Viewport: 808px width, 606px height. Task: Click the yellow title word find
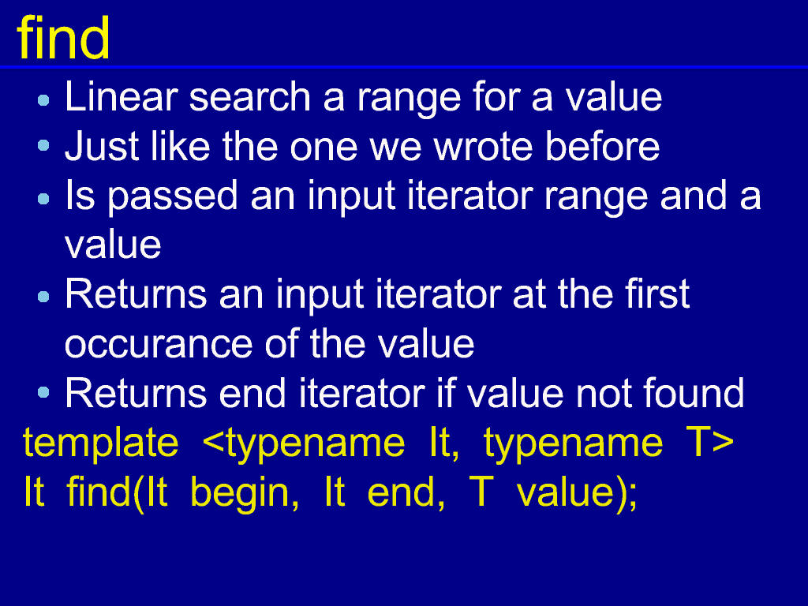click(63, 38)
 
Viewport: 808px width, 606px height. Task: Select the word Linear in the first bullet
click(121, 96)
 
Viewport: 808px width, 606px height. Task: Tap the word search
click(250, 96)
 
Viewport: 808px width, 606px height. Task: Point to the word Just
click(102, 146)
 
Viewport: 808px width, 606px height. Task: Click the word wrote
click(483, 146)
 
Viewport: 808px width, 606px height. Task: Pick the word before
click(602, 146)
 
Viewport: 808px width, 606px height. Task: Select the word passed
click(172, 196)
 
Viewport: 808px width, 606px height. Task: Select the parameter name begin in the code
click(245, 493)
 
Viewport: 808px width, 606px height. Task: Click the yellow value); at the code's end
click(577, 493)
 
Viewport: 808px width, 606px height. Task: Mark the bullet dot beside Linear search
click(44, 100)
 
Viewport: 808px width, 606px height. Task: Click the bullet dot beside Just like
click(44, 145)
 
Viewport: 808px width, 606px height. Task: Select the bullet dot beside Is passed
click(44, 198)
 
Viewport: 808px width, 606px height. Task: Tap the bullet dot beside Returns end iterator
click(44, 393)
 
